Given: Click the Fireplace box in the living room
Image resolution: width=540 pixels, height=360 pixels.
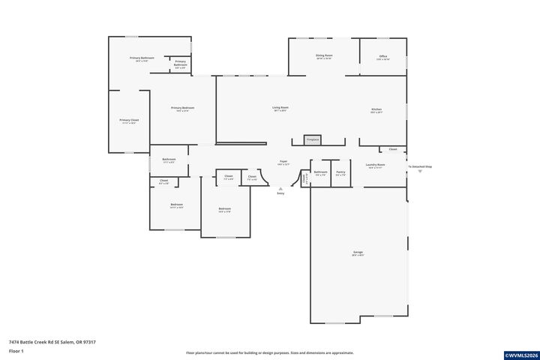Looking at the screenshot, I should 312,139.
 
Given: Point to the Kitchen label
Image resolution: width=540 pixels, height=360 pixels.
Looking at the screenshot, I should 376,110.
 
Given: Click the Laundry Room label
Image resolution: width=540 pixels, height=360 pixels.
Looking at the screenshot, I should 375,165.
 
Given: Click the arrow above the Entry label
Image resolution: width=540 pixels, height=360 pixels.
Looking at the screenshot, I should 280,187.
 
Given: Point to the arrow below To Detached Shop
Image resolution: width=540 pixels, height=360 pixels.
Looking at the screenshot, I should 420,172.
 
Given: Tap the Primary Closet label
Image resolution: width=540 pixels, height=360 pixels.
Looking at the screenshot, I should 129,121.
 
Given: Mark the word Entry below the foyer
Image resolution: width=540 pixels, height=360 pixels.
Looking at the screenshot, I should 280,193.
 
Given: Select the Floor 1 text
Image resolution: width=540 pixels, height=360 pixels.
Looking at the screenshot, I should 16,351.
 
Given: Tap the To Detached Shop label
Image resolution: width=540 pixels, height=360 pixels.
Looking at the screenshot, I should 420,166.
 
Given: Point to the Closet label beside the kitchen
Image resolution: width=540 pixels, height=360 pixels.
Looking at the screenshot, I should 392,149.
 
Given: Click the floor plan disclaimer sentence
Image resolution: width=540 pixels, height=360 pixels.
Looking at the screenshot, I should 270,352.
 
